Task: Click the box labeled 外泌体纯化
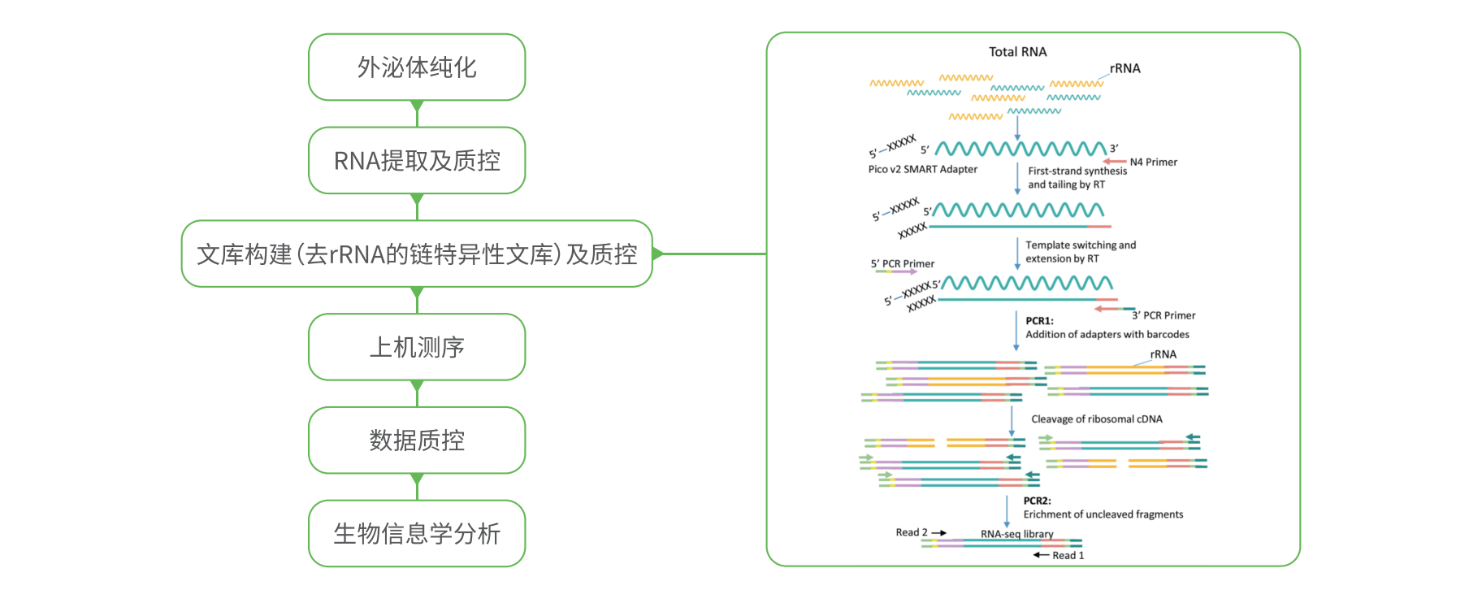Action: click(x=417, y=67)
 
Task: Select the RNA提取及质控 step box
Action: click(x=417, y=161)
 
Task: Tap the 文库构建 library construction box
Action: click(x=417, y=254)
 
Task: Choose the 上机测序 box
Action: click(x=417, y=347)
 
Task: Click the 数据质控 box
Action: click(x=417, y=440)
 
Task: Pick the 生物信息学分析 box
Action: click(x=417, y=534)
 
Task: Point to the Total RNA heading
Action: click(x=1017, y=52)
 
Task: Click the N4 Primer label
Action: click(x=1153, y=163)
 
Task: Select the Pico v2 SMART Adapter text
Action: click(x=922, y=170)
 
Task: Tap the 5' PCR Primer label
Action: click(x=902, y=264)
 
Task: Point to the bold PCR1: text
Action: click(x=1039, y=321)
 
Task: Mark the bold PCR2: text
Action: click(x=1037, y=501)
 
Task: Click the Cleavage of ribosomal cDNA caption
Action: click(x=1096, y=419)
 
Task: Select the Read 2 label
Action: click(x=911, y=532)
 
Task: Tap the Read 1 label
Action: click(x=1068, y=556)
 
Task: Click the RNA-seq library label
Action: click(x=1016, y=534)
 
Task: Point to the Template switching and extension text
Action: click(x=1080, y=252)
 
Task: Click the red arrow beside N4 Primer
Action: click(x=1114, y=162)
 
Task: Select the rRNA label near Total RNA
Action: click(x=1124, y=69)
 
